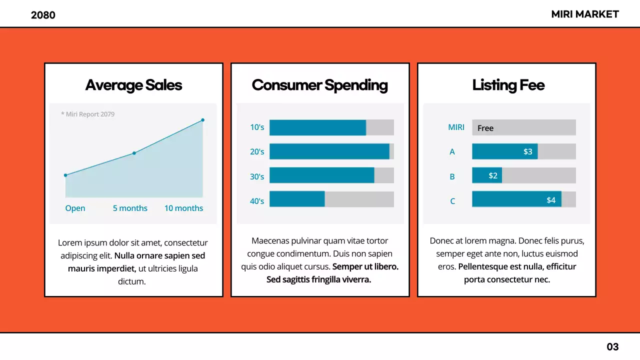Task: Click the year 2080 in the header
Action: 43,15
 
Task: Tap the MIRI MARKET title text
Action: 585,14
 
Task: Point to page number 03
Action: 612,346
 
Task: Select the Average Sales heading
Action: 133,85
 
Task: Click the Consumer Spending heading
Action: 320,85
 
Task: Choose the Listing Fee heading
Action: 508,85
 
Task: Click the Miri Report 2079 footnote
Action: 88,114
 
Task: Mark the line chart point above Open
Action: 65,175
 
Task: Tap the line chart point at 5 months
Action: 134,153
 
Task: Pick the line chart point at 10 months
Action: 202,120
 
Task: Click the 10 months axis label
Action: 183,208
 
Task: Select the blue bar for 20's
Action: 329,151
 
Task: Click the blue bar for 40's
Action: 297,199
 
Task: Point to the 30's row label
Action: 257,176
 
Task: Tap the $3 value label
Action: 527,151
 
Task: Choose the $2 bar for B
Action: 487,175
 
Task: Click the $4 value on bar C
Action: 550,200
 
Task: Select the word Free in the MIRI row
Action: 485,128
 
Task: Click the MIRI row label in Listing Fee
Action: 456,127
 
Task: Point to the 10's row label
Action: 257,127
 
